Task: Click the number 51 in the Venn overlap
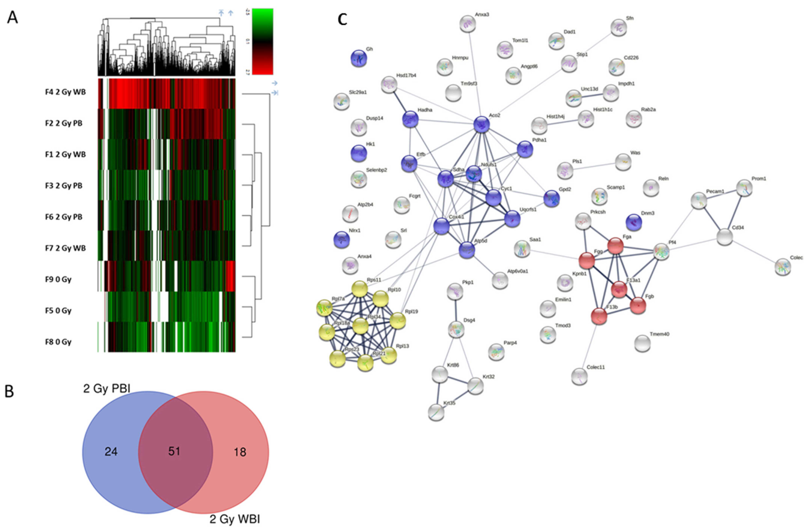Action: tap(174, 451)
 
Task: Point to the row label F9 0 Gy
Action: tap(58, 279)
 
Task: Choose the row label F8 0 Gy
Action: tap(58, 342)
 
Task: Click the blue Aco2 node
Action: tap(481, 125)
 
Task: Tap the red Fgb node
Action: tap(638, 305)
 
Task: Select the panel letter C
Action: tap(343, 19)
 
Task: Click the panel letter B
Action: tap(9, 391)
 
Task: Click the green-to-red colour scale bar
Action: tap(262, 41)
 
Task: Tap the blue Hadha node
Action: tap(410, 119)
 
